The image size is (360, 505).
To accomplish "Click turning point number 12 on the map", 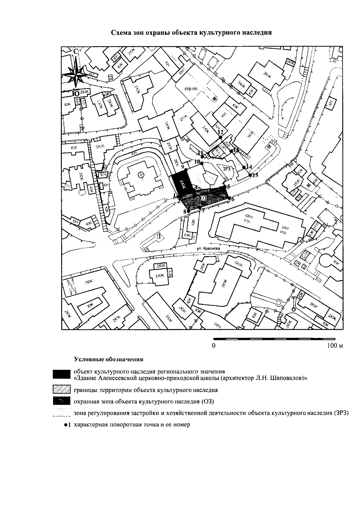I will [x=220, y=137].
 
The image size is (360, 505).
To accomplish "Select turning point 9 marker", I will [x=187, y=170].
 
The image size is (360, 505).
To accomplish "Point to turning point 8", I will [x=188, y=211].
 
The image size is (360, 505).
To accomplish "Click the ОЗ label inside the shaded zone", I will [x=203, y=198].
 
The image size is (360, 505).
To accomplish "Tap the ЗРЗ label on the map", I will [x=227, y=169].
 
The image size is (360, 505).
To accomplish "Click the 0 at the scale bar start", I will [x=214, y=346].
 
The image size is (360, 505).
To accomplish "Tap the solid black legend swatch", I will [x=61, y=374].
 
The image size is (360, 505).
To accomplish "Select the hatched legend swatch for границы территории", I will [x=61, y=390].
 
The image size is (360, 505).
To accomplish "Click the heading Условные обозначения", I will [x=109, y=359].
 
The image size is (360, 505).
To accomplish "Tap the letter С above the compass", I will [x=76, y=51].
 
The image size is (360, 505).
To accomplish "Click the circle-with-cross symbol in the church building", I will [x=141, y=174].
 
